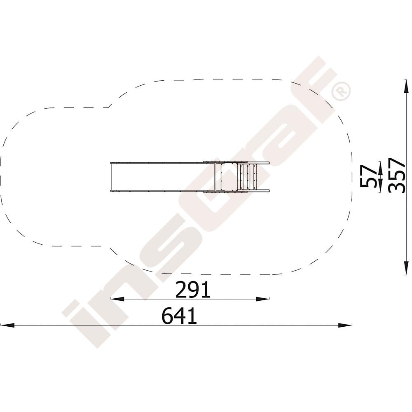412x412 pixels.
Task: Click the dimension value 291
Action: [x=193, y=290]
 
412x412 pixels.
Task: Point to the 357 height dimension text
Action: [x=397, y=176]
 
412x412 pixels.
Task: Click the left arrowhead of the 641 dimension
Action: [x=7, y=325]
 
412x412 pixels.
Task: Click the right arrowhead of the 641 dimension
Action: [x=345, y=325]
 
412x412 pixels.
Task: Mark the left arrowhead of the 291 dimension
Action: [x=117, y=299]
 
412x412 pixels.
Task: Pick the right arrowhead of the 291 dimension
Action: [x=263, y=299]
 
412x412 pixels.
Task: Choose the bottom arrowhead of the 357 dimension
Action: [x=406, y=268]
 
